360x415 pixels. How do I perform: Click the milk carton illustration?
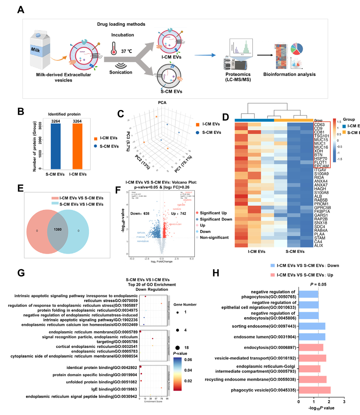tap(40, 50)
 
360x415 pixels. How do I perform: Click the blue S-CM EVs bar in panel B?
tap(55, 146)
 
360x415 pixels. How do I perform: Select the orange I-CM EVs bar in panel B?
tap(77, 146)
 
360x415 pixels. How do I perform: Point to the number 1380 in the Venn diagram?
tap(58, 230)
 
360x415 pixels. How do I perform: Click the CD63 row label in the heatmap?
tap(319, 125)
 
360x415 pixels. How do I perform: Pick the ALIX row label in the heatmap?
tap(319, 246)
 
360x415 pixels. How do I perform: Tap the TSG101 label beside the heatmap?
tap(322, 136)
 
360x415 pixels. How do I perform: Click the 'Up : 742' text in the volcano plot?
tap(178, 213)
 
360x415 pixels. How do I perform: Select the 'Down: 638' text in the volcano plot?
tap(140, 213)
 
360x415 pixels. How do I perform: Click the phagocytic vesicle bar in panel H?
tap(315, 390)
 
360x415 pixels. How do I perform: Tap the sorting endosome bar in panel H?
tap(312, 326)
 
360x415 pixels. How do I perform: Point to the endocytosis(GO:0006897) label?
tap(270, 348)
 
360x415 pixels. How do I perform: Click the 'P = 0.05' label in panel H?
tap(318, 284)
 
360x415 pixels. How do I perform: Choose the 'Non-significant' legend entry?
tap(214, 237)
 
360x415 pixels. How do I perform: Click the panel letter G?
tap(21, 273)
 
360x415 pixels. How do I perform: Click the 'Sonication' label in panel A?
tap(121, 72)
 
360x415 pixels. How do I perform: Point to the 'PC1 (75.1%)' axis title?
tap(183, 164)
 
